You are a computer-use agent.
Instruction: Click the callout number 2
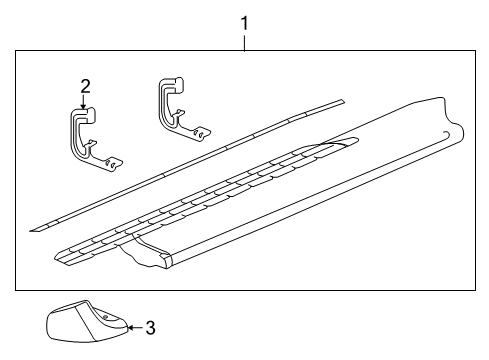click(x=85, y=86)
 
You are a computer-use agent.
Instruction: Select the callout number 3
click(x=150, y=327)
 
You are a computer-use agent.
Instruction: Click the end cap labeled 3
click(x=84, y=325)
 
